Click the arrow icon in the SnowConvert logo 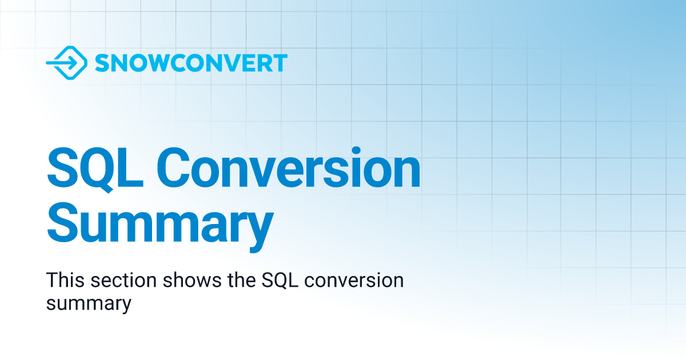(66, 63)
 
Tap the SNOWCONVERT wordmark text (191, 63)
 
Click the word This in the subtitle (65, 281)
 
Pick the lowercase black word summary (89, 303)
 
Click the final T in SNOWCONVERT (280, 63)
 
